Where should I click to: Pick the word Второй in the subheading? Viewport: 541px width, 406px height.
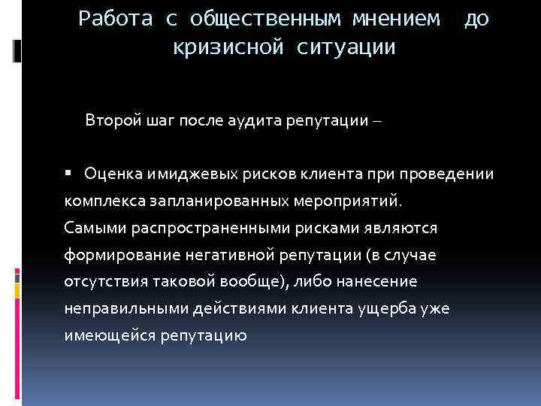(x=110, y=120)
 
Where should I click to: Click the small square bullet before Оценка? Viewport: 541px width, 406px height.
(x=68, y=173)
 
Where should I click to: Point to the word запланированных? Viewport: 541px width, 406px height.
(x=211, y=201)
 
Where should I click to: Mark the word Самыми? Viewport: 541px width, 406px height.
(x=90, y=228)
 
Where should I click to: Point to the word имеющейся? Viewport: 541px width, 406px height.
(x=110, y=336)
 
